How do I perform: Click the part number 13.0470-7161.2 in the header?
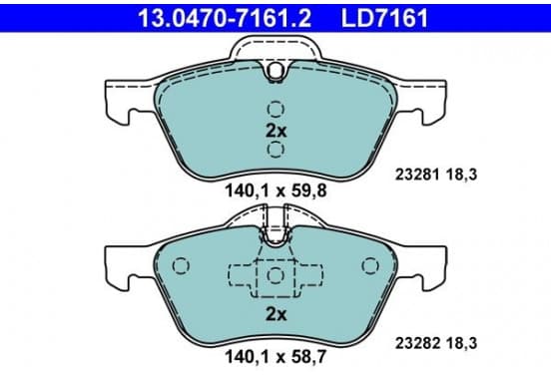(225, 18)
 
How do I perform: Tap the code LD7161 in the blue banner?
(384, 18)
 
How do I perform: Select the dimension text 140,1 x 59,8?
(275, 191)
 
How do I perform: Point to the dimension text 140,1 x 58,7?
(275, 357)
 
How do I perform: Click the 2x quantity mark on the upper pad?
(276, 131)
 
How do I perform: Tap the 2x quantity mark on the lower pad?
(276, 314)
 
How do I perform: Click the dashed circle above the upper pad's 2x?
(275, 109)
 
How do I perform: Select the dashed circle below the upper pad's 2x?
(275, 150)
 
